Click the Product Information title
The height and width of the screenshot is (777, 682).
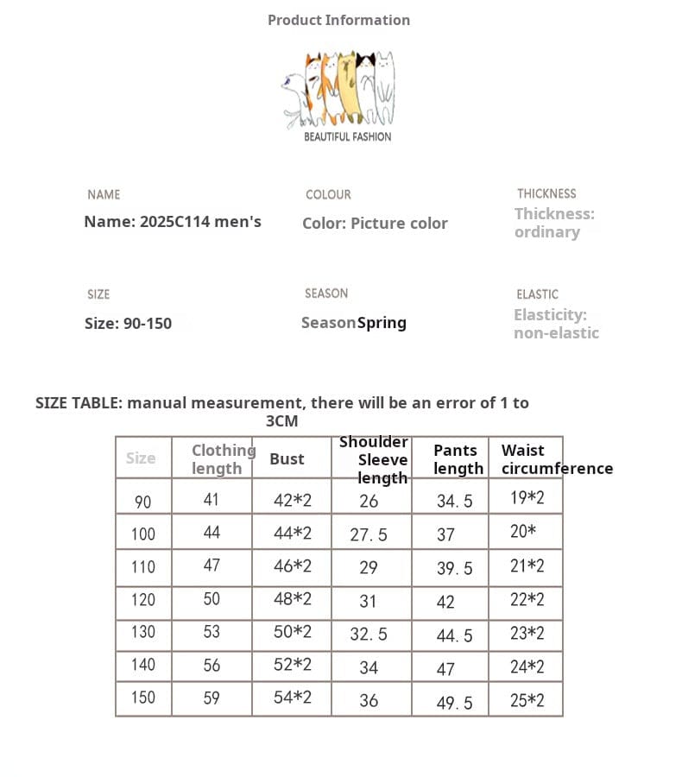338,20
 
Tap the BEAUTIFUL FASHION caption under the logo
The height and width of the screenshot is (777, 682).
347,136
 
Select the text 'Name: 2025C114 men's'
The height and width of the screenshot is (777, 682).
173,222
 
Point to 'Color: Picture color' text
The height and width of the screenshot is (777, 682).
375,224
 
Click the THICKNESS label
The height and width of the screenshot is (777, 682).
546,194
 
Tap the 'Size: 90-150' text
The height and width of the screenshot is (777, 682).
128,324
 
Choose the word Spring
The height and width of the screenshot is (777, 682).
382,323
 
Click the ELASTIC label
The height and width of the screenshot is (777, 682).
537,294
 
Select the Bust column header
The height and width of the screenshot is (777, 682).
287,459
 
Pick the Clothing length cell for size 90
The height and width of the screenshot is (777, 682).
212,499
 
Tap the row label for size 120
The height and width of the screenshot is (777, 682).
143,600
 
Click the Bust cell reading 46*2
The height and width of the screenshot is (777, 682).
293,566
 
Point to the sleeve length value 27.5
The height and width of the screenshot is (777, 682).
369,535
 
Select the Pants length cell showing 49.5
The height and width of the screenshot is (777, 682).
454,703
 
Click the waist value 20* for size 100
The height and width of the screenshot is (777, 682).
523,532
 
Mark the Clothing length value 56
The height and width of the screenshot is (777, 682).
212,665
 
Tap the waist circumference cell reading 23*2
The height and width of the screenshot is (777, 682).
527,633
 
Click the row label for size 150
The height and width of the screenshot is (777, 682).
143,698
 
